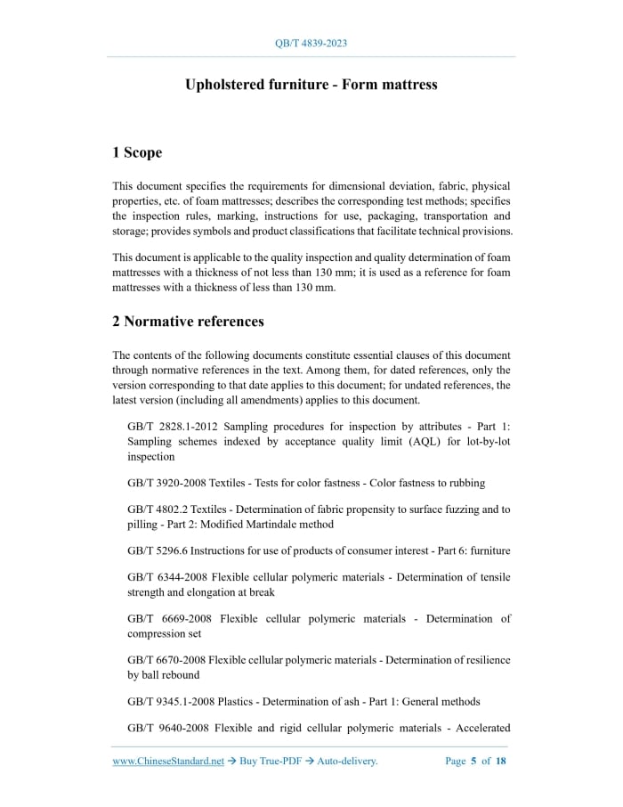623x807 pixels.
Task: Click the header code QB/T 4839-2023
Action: [x=311, y=43]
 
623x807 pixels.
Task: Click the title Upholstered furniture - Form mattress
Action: [x=311, y=85]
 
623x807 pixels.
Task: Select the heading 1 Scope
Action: [x=137, y=152]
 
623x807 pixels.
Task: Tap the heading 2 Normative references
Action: [x=188, y=321]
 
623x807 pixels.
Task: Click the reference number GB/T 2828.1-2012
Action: [x=167, y=428]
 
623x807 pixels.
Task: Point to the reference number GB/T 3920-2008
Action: [x=167, y=483]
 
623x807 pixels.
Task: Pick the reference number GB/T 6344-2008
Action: [x=167, y=578]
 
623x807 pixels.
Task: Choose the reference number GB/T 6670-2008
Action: [x=167, y=660]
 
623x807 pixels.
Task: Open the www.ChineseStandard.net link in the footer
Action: [x=168, y=762]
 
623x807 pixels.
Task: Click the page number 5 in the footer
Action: [x=473, y=762]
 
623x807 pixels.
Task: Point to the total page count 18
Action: [x=501, y=762]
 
